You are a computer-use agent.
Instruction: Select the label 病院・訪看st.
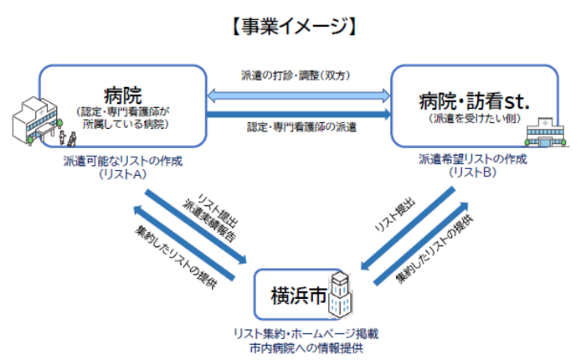(474, 102)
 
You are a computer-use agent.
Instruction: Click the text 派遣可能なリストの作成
(122, 161)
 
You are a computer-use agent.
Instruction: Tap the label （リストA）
(122, 174)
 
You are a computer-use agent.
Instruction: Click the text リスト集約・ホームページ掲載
(306, 334)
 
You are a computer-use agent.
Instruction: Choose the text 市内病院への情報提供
(306, 347)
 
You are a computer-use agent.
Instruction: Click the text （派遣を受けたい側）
(473, 120)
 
